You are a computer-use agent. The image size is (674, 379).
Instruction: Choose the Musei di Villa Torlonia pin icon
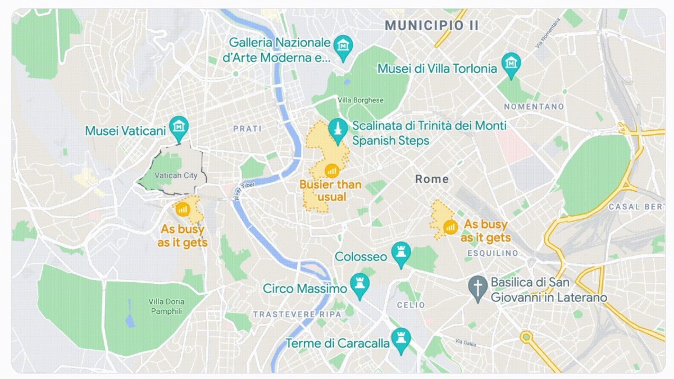pyautogui.click(x=511, y=62)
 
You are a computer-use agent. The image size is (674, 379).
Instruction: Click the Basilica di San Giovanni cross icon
pyautogui.click(x=478, y=287)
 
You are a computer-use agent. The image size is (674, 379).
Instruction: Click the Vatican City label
pyautogui.click(x=176, y=175)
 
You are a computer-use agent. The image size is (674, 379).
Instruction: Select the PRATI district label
pyautogui.click(x=247, y=129)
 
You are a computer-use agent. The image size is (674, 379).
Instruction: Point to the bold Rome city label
pyautogui.click(x=432, y=179)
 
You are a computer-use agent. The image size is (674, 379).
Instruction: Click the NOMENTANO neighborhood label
pyautogui.click(x=534, y=106)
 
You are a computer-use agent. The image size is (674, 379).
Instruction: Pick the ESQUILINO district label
pyautogui.click(x=493, y=254)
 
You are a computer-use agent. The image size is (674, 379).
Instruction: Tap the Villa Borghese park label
pyautogui.click(x=361, y=100)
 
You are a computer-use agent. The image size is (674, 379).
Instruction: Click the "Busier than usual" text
pyautogui.click(x=330, y=190)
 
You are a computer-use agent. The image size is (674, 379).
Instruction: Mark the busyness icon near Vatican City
pyautogui.click(x=182, y=209)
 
